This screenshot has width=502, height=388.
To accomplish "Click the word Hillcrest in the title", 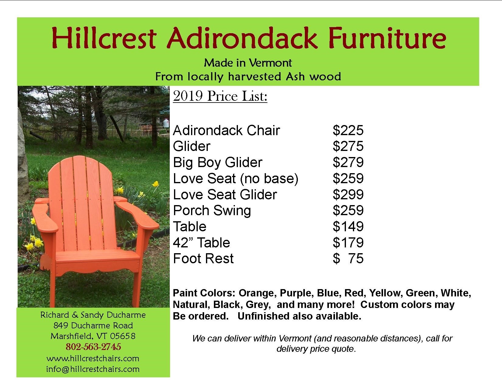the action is point(104,38).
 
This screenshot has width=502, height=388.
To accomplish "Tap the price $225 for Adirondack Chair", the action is point(348,130).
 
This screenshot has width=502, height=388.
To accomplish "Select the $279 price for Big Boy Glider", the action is point(348,162).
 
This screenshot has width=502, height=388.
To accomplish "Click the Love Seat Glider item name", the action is point(225,194).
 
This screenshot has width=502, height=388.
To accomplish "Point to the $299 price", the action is point(348,194).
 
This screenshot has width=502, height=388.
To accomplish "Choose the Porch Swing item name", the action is point(212,211).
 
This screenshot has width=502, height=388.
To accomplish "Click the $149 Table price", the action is point(348,226).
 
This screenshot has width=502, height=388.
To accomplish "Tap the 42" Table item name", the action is point(201,243).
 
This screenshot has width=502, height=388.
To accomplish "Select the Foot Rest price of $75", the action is point(348,258).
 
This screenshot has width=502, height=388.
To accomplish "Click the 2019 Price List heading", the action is point(220,96).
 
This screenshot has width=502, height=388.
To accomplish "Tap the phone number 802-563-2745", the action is point(93,347).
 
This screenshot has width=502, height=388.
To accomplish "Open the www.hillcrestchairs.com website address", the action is point(93,358).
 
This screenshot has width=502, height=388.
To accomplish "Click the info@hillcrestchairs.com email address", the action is point(93,369).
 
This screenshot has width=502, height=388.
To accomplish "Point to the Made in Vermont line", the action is point(248,63).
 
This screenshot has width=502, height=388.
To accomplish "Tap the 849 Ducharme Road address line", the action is point(93,326).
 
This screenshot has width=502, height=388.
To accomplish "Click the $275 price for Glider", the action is point(348,146).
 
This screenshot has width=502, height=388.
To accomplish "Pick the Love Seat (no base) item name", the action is point(236,179).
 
